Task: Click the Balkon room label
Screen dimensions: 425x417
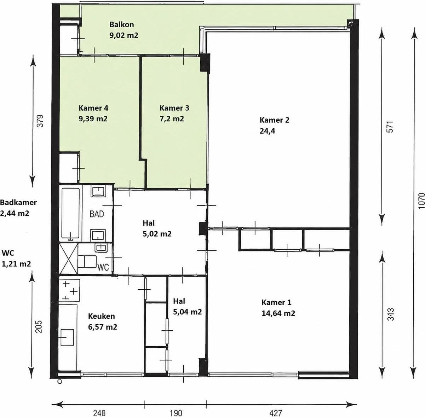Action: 121,24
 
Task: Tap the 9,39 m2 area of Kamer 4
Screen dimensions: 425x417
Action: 93,119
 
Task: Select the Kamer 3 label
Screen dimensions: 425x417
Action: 174,108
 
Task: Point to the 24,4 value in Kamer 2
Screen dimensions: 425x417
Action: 267,131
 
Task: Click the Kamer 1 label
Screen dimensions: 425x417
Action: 276,302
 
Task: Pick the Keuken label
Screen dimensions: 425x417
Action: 102,316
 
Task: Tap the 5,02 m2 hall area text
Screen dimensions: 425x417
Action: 157,234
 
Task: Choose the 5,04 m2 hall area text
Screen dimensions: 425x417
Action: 188,312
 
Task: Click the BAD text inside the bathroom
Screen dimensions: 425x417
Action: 97,214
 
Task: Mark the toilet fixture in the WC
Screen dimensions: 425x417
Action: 87,262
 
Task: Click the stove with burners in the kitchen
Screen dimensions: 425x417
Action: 69,290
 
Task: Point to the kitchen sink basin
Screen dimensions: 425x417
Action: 67,337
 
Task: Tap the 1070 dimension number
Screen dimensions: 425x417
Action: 421,201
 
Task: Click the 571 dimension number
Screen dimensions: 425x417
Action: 390,127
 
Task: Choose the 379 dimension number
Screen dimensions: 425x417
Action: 40,121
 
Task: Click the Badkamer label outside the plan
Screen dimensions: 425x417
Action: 18,202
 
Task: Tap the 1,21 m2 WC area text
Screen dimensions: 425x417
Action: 16,264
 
